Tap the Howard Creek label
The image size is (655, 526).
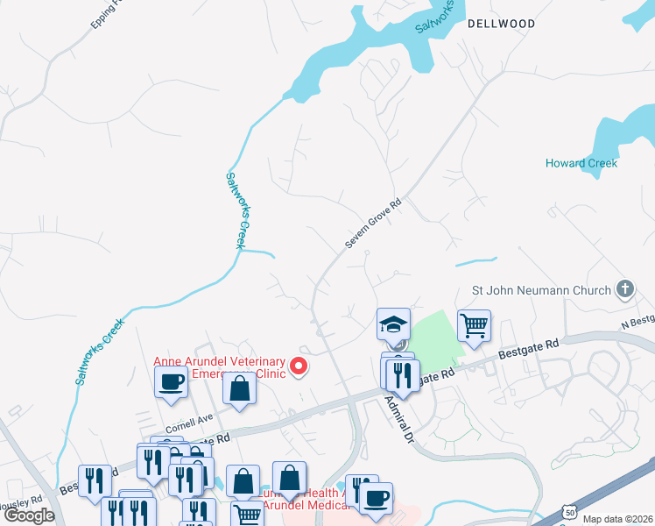pyautogui.click(x=581, y=163)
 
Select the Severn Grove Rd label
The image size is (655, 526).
pyautogui.click(x=372, y=223)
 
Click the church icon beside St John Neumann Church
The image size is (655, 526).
pyautogui.click(x=624, y=288)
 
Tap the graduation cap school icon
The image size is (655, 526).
pyautogui.click(x=393, y=324)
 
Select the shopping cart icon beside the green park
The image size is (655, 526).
pyautogui.click(x=474, y=325)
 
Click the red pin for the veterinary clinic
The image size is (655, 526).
pyautogui.click(x=299, y=366)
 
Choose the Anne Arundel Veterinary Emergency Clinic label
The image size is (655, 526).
pyautogui.click(x=220, y=369)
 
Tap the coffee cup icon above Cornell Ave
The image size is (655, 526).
pyautogui.click(x=171, y=381)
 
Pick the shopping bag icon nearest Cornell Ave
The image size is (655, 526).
pyautogui.click(x=239, y=387)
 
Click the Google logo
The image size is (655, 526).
pyautogui.click(x=28, y=515)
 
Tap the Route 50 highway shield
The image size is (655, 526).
pyautogui.click(x=570, y=511)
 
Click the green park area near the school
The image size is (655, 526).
pyautogui.click(x=434, y=337)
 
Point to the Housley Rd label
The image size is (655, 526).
pyautogui.click(x=22, y=501)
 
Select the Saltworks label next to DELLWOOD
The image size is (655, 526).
pyautogui.click(x=435, y=17)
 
